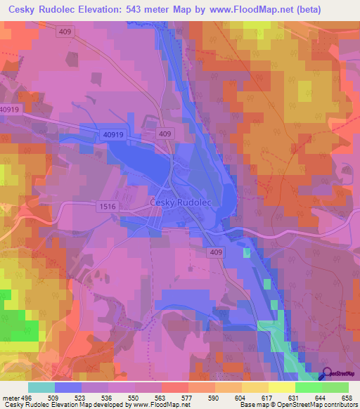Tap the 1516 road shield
[108, 206]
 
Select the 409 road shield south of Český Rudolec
[216, 251]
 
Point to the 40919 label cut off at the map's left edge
[9, 110]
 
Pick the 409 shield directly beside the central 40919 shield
[165, 134]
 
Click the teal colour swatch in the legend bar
[41, 387]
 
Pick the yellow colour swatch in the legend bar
[281, 387]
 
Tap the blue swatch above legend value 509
[68, 387]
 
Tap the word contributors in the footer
[339, 405]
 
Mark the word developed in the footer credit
[108, 405]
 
